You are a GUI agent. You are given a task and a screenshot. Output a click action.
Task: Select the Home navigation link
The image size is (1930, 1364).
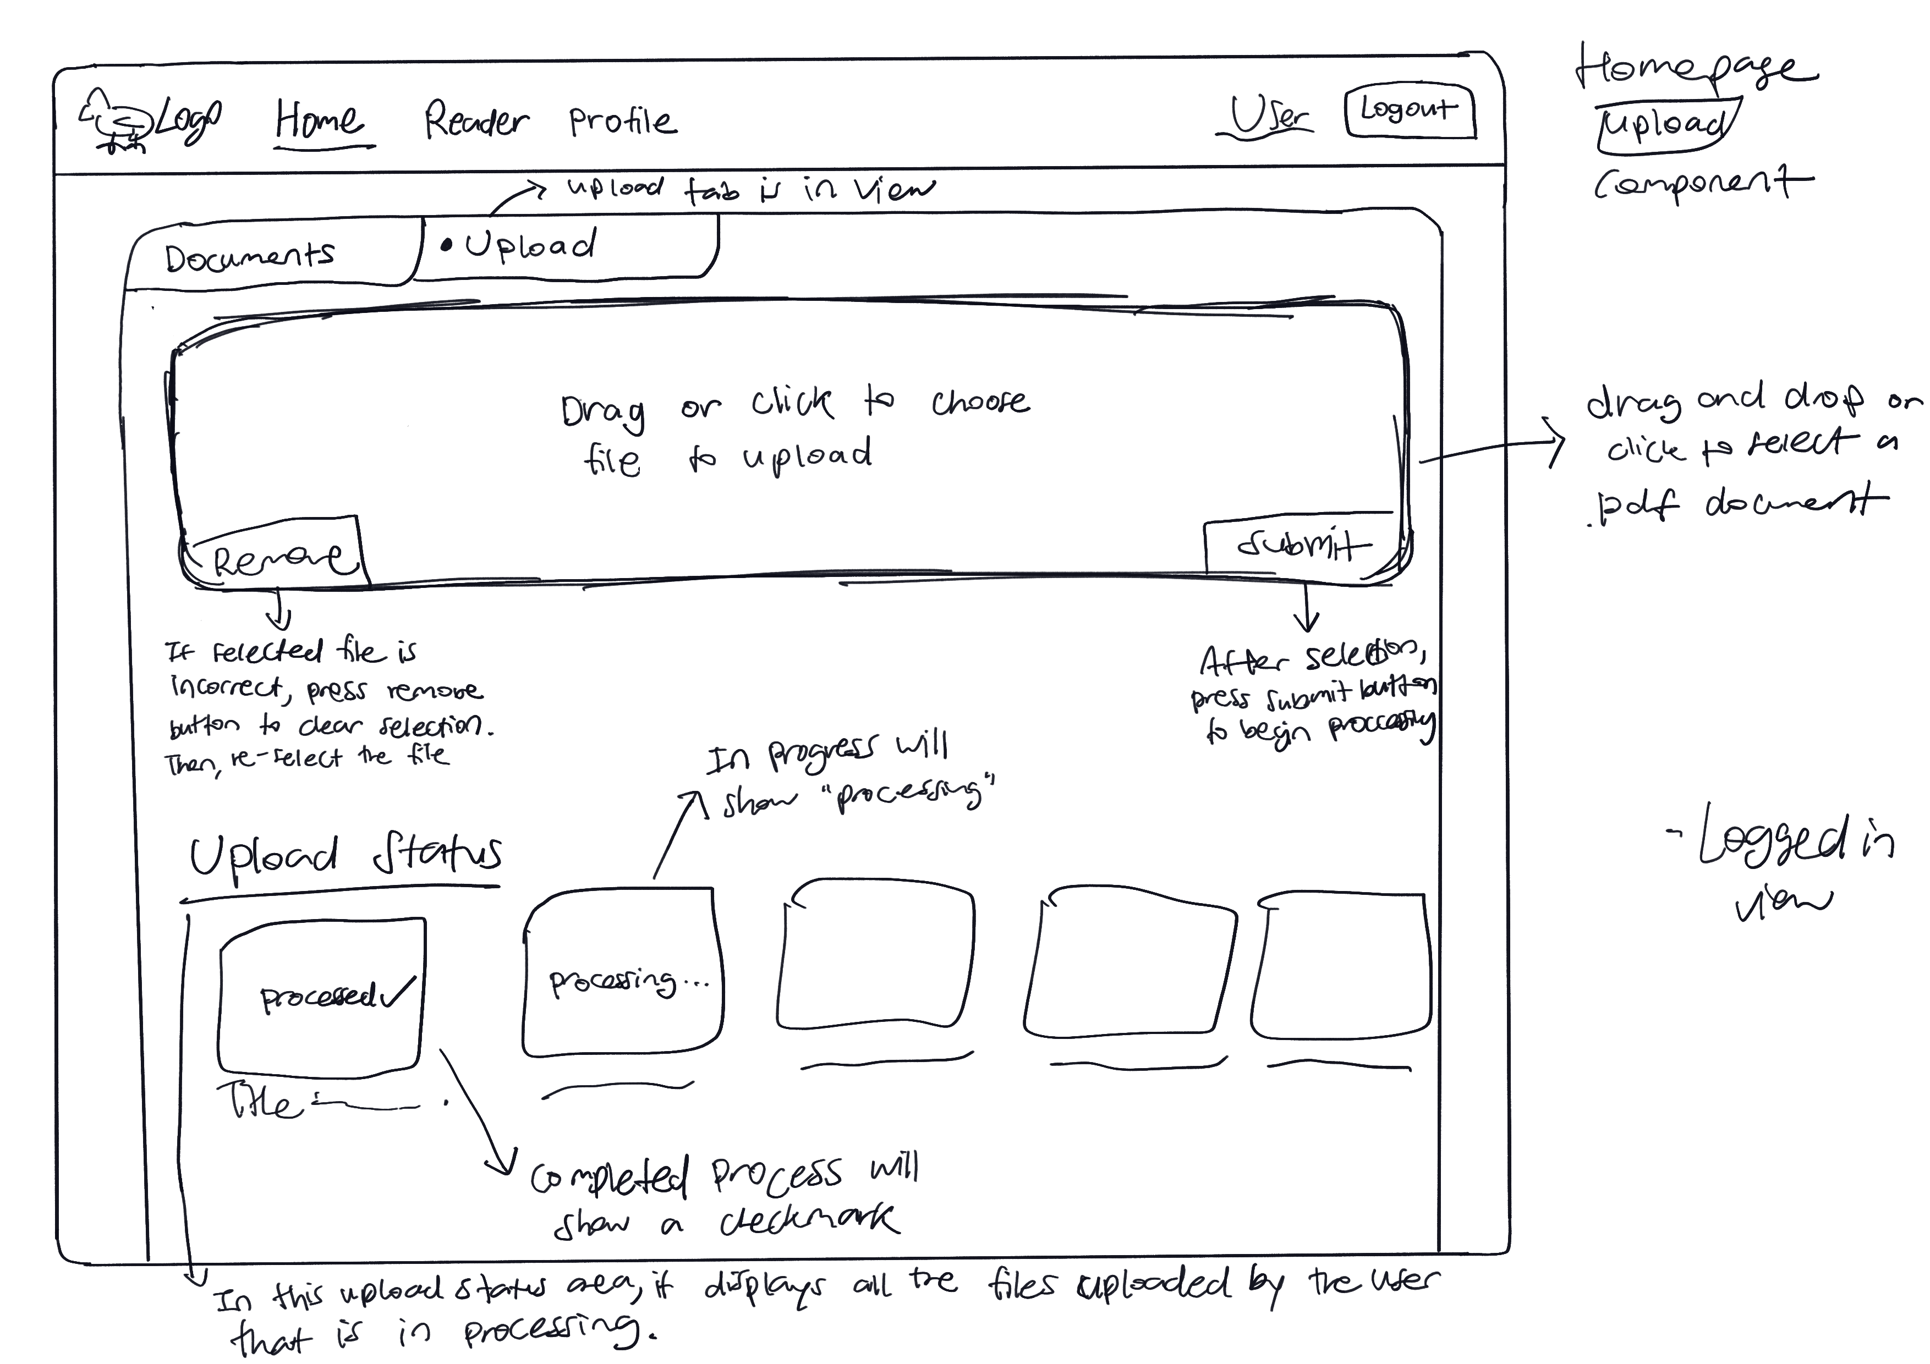tap(320, 120)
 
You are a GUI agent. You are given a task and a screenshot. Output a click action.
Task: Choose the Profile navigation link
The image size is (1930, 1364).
tap(622, 122)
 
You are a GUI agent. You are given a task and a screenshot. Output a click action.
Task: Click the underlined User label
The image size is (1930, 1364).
tap(1269, 116)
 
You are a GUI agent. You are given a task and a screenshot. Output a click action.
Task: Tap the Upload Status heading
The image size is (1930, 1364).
tap(344, 856)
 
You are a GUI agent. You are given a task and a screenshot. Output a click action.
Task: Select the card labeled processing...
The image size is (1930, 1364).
tap(623, 975)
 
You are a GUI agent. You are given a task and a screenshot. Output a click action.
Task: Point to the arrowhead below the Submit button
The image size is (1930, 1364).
tap(1306, 625)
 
